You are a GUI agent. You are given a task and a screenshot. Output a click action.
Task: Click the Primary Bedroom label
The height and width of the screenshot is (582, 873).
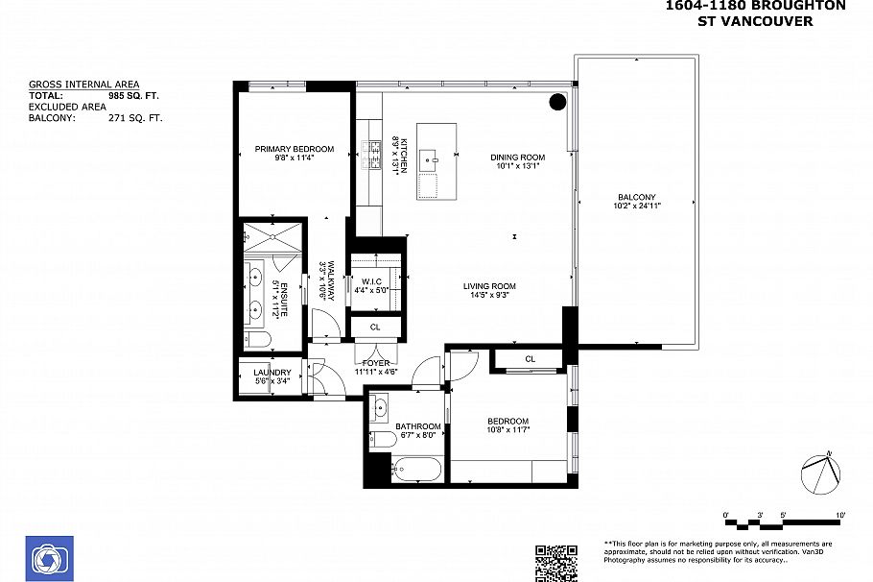tap(294, 149)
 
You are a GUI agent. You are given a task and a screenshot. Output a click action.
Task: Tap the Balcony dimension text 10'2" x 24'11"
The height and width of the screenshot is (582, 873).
tap(638, 206)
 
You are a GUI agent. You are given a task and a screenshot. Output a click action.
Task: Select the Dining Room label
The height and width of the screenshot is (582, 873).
tap(517, 157)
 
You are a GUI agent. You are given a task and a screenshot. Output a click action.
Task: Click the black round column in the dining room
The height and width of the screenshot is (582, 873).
tap(556, 102)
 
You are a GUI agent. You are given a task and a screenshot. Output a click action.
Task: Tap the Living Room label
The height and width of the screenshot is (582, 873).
tap(489, 286)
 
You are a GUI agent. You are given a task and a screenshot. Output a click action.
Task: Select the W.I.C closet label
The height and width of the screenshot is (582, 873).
tap(372, 280)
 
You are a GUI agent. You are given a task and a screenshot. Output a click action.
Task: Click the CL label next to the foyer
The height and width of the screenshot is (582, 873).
tap(375, 327)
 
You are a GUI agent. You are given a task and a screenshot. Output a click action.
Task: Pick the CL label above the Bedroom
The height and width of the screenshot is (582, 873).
tap(530, 359)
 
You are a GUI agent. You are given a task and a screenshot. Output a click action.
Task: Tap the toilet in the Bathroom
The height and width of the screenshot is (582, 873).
tap(382, 440)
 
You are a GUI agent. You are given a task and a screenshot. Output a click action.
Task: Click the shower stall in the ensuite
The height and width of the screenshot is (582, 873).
tap(271, 235)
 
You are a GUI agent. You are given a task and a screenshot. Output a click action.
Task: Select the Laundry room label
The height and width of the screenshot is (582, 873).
tap(271, 373)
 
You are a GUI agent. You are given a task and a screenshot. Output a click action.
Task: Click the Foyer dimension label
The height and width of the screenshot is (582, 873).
tap(375, 372)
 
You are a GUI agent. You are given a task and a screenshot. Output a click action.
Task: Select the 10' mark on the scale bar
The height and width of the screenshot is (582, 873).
tap(840, 516)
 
